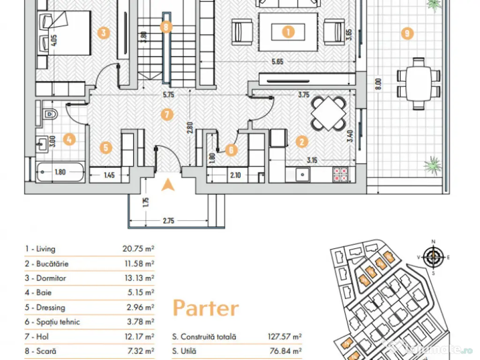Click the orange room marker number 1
tap(288, 31)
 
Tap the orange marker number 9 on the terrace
tap(407, 33)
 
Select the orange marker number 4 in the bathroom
tap(69, 139)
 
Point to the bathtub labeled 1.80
tap(60, 172)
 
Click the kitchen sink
tap(302, 175)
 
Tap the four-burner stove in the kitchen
tap(340, 174)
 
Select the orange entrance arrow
tap(168, 185)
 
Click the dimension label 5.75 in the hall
tap(168, 95)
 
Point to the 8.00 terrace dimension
tap(378, 84)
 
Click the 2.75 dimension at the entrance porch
tap(168, 221)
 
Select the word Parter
tap(206, 307)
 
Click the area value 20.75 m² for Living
tap(138, 248)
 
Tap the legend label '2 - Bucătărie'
tap(46, 263)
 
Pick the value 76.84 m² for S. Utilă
tap(285, 351)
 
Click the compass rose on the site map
tap(433, 257)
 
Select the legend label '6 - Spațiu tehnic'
tap(52, 322)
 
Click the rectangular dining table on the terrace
tap(419, 83)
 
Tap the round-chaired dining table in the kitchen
tap(329, 113)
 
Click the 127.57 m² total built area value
tap(285, 337)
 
